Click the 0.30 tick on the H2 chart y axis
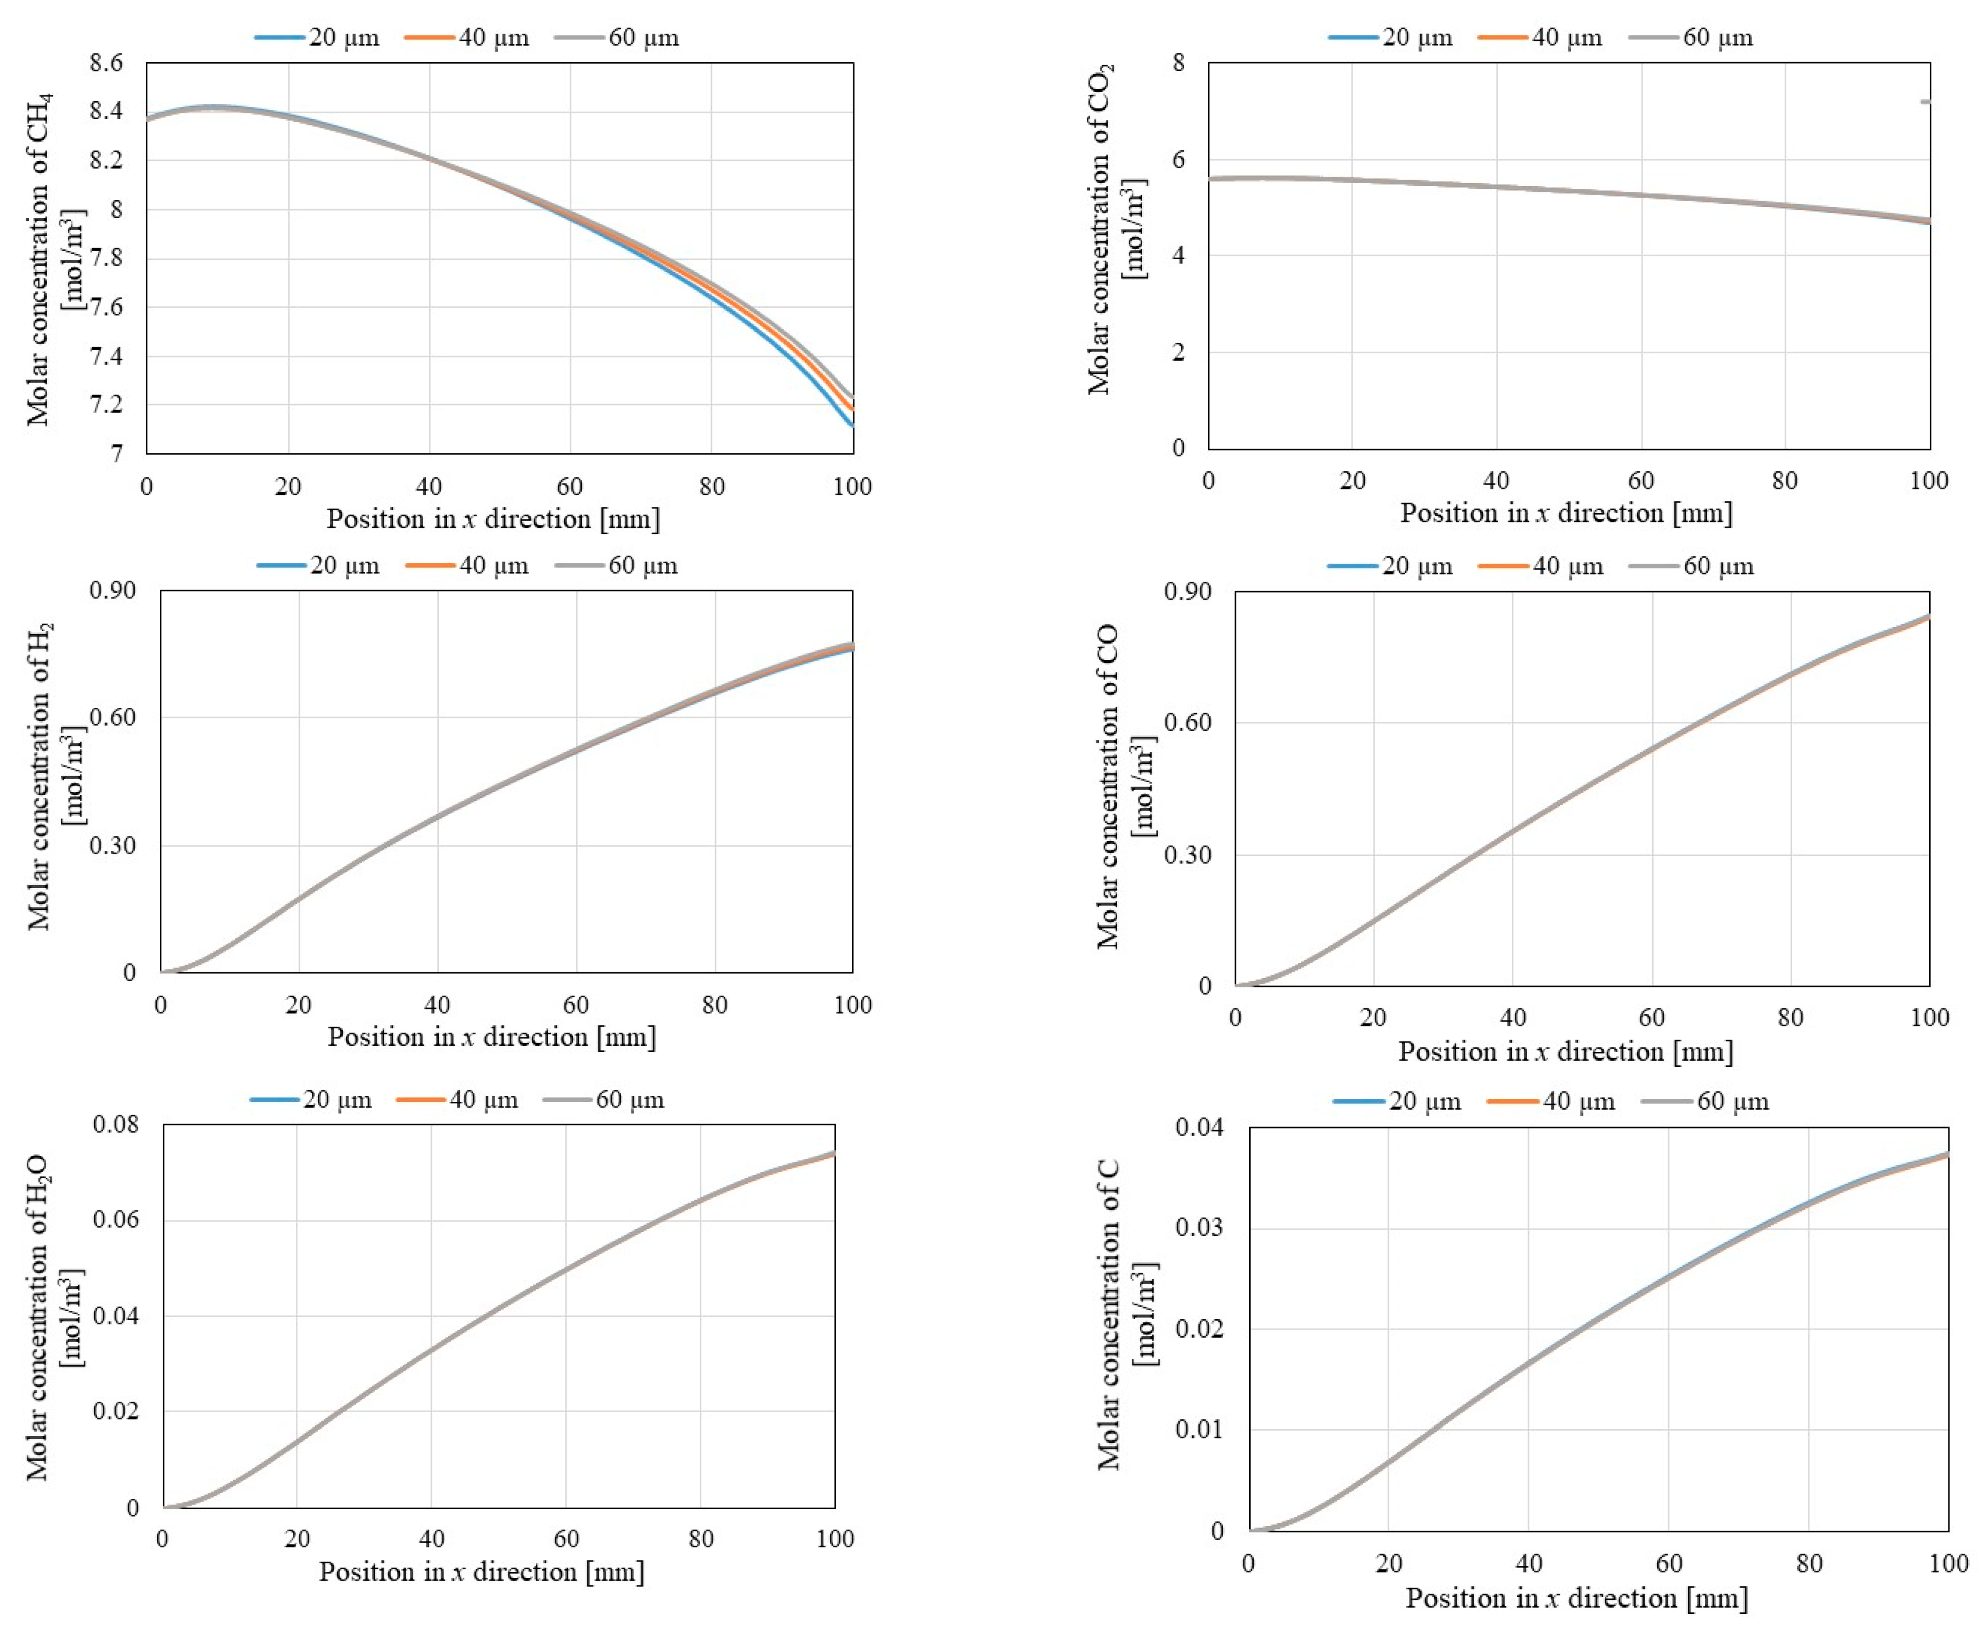click(x=112, y=845)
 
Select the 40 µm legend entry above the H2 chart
click(x=467, y=565)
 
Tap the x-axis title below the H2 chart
click(x=491, y=1037)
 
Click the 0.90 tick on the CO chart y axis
click(x=1188, y=592)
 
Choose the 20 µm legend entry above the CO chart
click(x=1390, y=566)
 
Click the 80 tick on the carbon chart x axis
click(x=1809, y=1563)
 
